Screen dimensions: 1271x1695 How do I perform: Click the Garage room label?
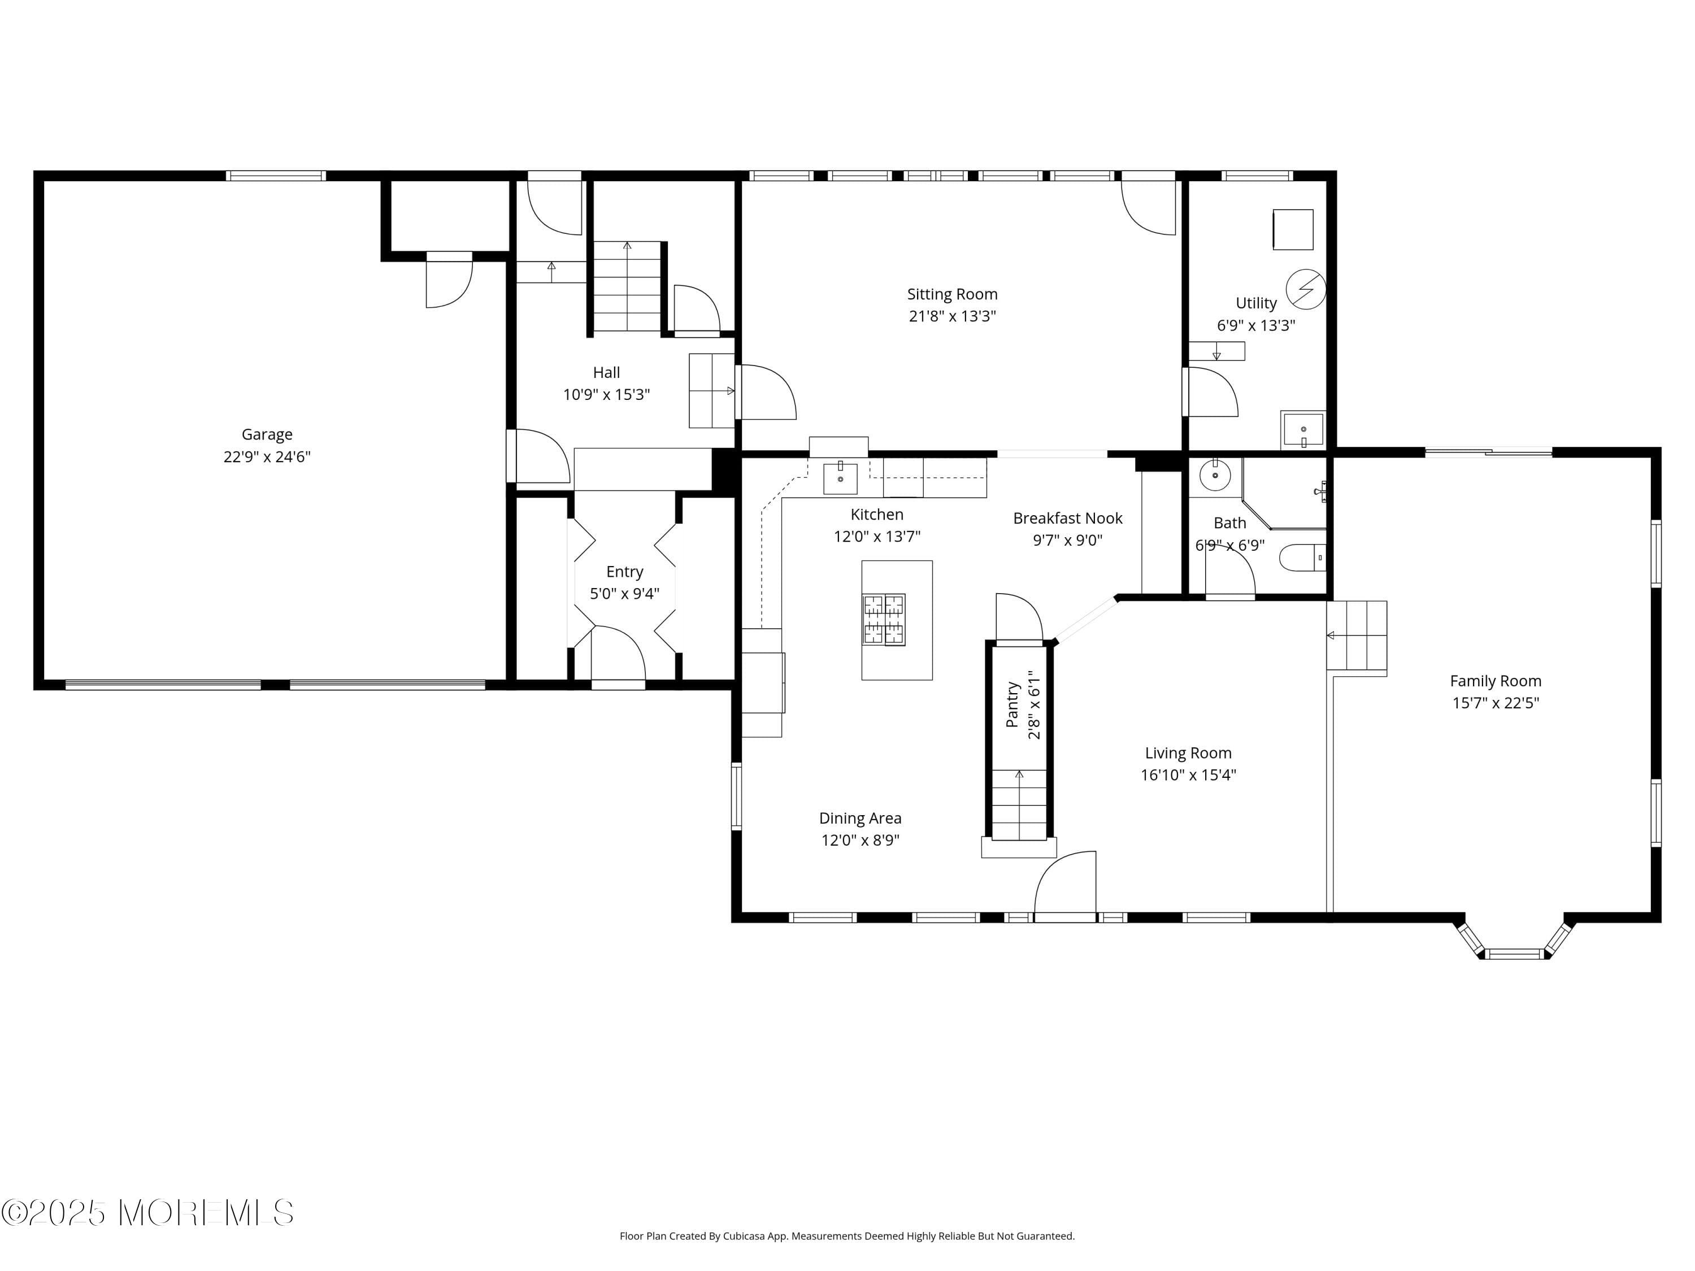267,434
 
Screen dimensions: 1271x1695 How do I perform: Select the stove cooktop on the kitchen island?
884,619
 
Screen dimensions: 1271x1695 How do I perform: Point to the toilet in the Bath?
1303,557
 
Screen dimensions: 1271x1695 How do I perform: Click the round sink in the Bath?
1215,475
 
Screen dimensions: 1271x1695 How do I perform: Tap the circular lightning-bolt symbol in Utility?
1306,289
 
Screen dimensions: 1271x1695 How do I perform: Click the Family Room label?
1495,680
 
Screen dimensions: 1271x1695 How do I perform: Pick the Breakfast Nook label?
1067,518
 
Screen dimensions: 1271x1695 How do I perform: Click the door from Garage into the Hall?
540,456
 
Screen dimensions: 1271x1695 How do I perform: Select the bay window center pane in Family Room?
1514,954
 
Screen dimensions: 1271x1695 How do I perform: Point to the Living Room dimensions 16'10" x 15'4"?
1188,774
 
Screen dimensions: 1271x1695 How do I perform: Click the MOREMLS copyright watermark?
147,1212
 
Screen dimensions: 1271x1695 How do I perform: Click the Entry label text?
624,572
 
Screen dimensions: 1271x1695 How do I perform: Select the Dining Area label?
860,818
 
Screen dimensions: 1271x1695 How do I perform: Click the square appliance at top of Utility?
1293,229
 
